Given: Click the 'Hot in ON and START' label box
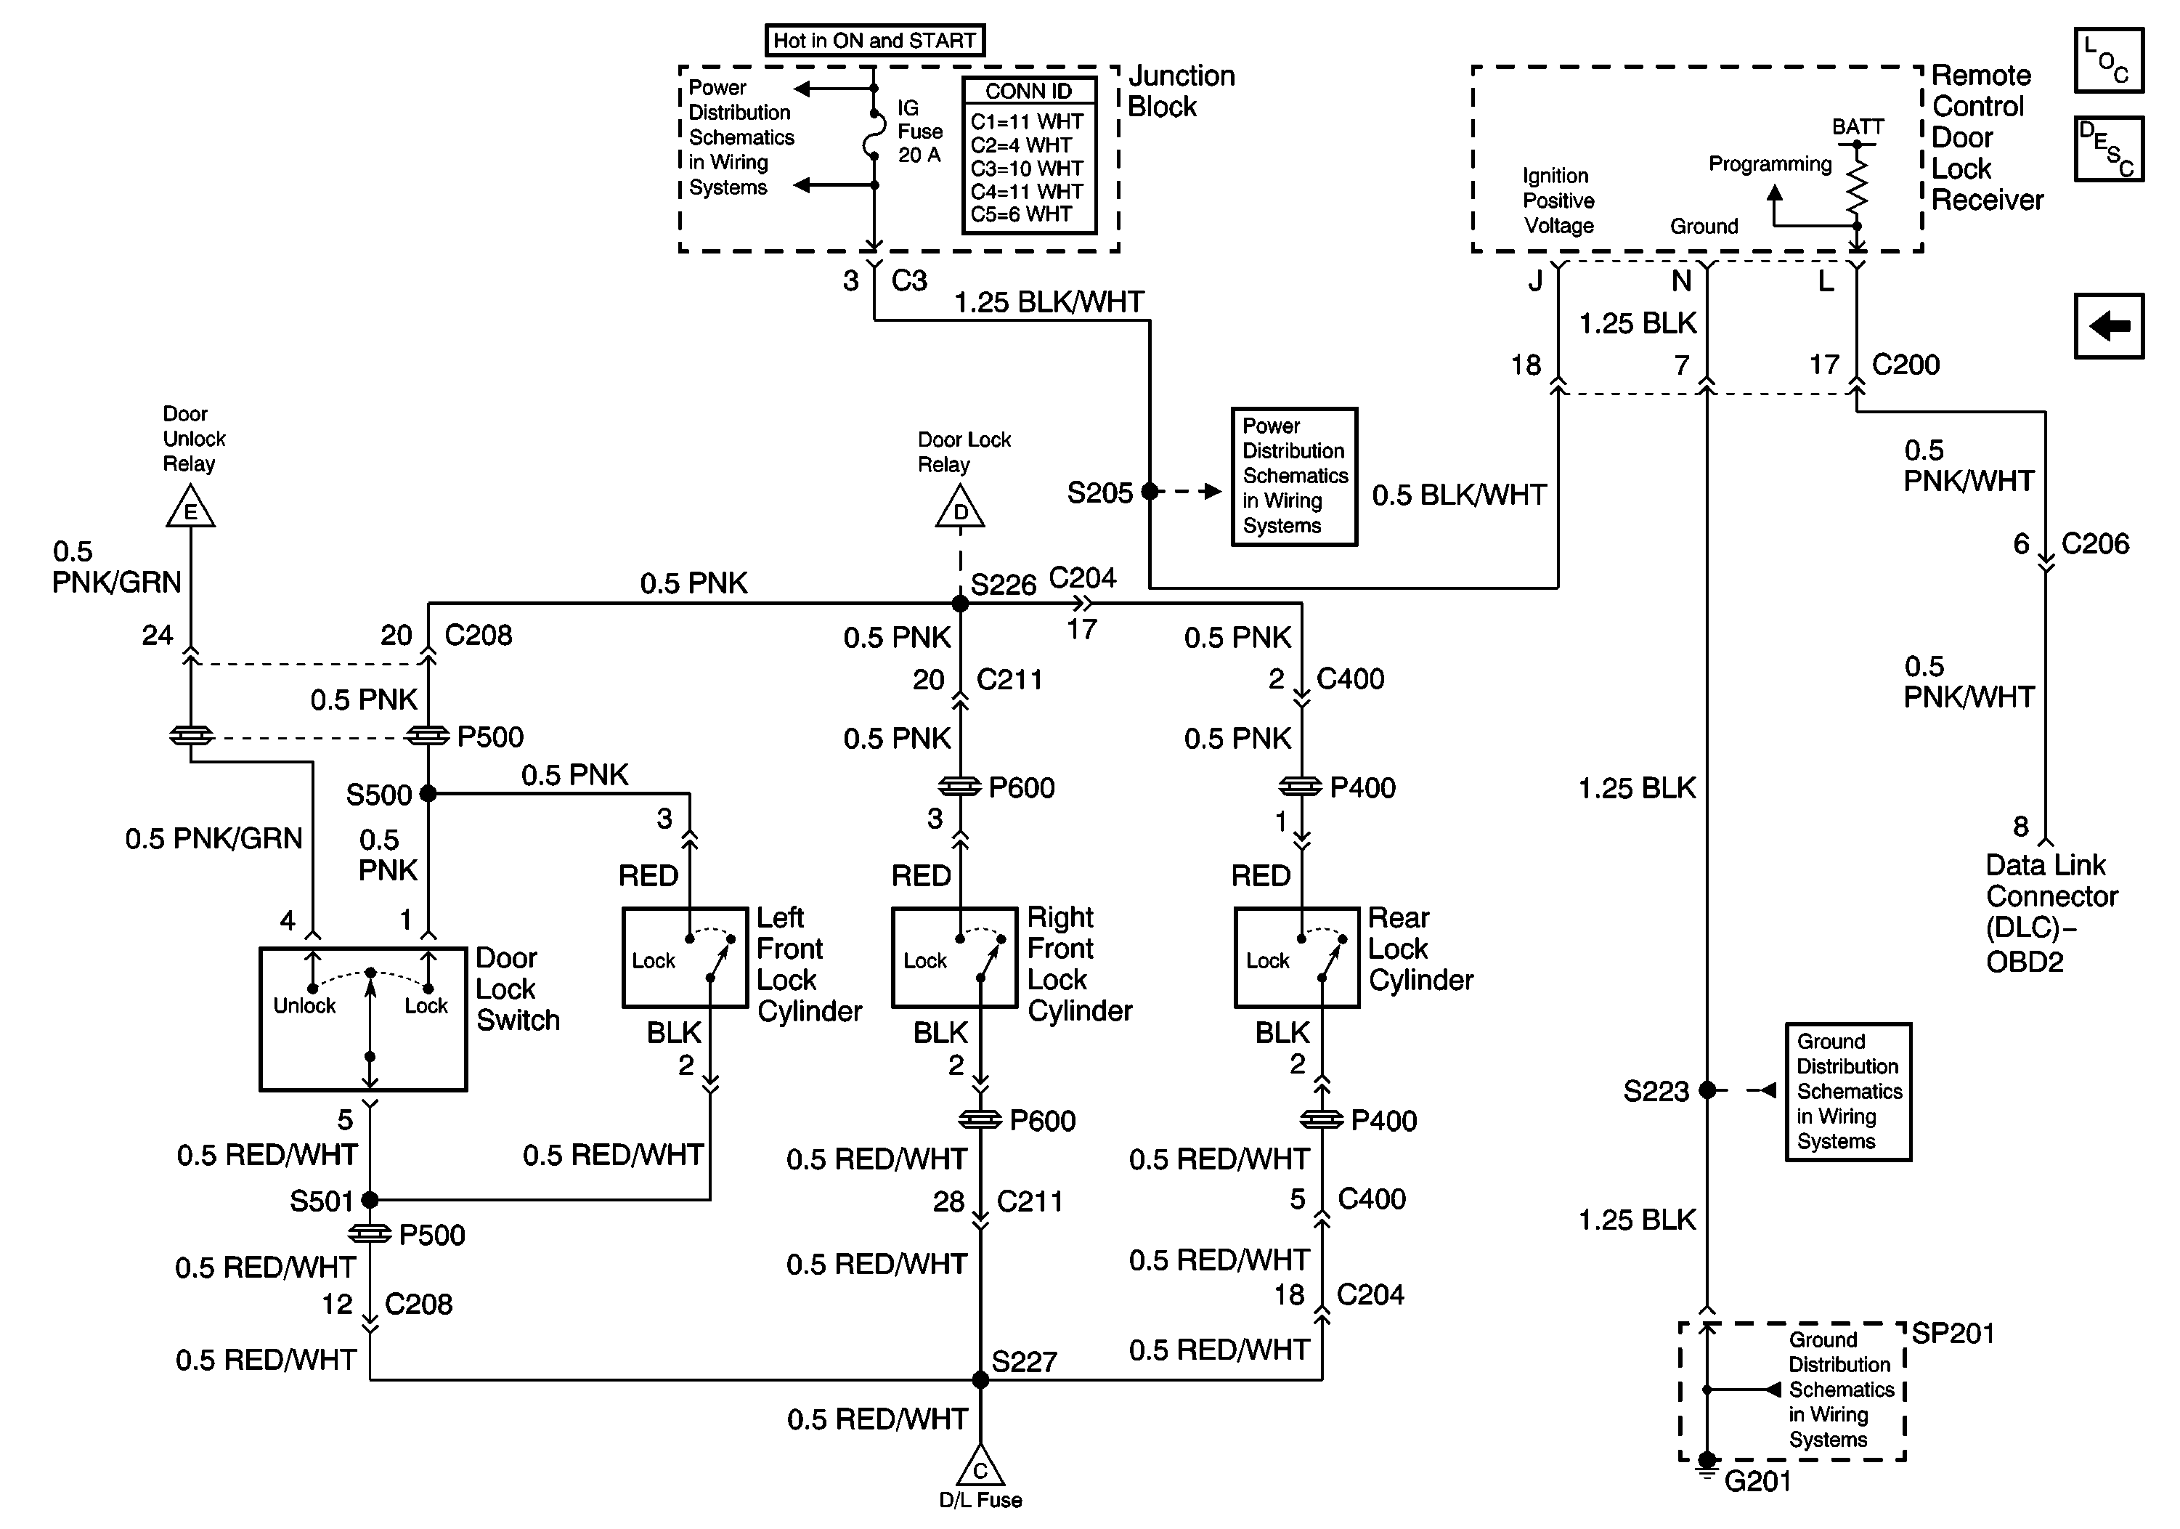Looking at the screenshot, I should pyautogui.click(x=874, y=41).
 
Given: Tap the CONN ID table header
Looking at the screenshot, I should pyautogui.click(x=1028, y=92).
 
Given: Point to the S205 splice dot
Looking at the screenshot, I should pyautogui.click(x=1150, y=492).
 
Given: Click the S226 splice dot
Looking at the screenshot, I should pyautogui.click(x=960, y=603).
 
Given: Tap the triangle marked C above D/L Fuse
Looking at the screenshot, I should pyautogui.click(x=980, y=1467).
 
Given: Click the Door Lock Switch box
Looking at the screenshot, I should pyautogui.click(x=362, y=1018).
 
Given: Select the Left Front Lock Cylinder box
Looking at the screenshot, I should pyautogui.click(x=685, y=957).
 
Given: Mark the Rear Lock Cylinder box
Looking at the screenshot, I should pyautogui.click(x=1296, y=957).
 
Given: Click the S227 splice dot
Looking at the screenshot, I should pyautogui.click(x=980, y=1379).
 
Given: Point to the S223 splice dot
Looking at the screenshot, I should pyautogui.click(x=1707, y=1090).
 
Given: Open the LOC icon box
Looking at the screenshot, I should pyautogui.click(x=2109, y=60).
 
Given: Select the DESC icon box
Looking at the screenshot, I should pyautogui.click(x=2109, y=149).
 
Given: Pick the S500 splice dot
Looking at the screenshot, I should pyautogui.click(x=428, y=793).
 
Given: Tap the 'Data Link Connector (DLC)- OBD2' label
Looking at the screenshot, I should pyautogui.click(x=2051, y=912).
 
